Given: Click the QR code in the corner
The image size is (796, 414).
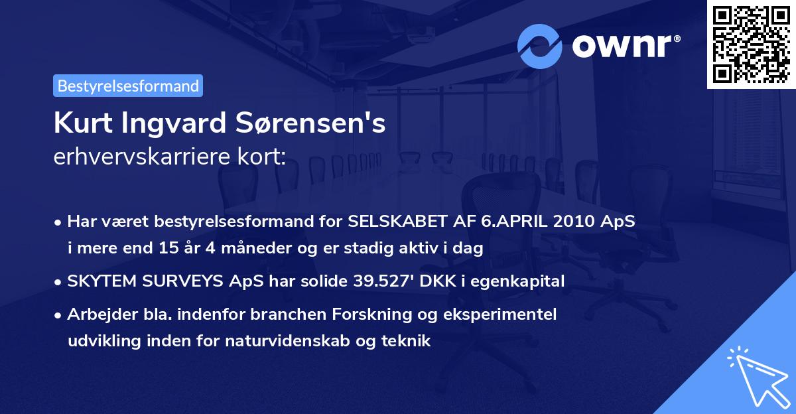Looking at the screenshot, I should coord(750,44).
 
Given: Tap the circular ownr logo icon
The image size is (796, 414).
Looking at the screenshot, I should coord(540,46).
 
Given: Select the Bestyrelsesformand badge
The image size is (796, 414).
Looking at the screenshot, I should coord(128,86).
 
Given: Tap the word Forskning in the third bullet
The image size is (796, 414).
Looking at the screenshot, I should coord(376,314).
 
